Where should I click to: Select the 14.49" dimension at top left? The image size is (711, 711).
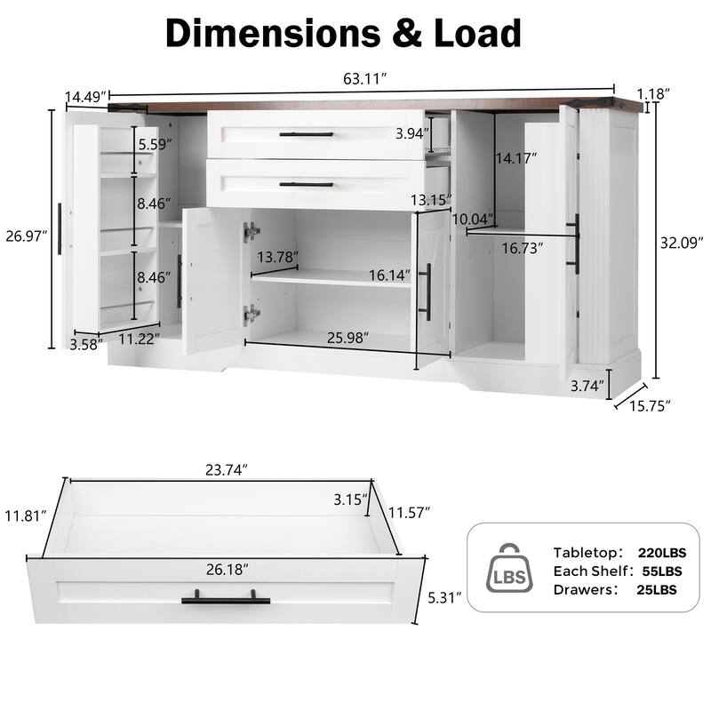tap(85, 95)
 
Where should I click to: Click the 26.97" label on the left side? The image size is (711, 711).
tap(28, 236)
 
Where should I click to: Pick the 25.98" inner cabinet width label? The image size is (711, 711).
tap(348, 337)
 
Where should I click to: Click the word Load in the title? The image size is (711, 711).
tap(465, 33)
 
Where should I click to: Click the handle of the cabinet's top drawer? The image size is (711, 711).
tap(306, 134)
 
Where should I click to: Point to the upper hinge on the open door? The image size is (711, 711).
tap(252, 231)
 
